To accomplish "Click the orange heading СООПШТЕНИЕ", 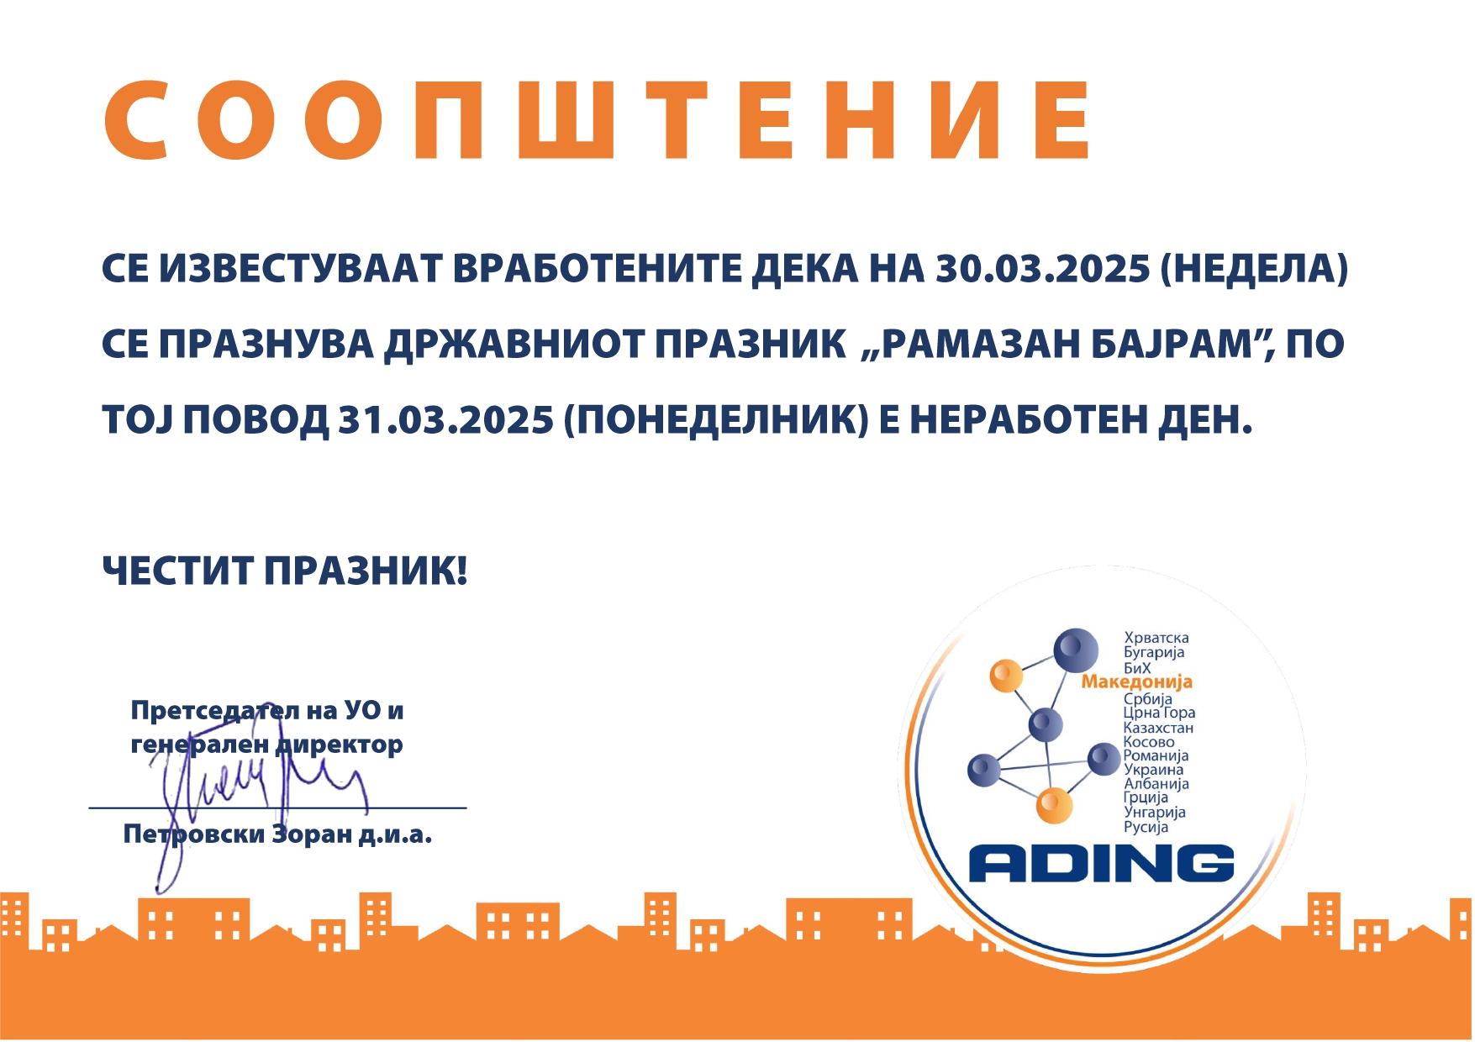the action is pos(598,120).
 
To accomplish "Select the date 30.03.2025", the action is pos(1043,269).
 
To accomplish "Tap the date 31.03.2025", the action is pos(446,419).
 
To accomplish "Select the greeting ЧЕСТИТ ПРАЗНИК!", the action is pos(284,571).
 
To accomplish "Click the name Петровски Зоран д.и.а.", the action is pos(277,834).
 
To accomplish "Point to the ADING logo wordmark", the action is pos(1102,864).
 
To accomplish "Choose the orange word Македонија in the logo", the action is pos(1137,682).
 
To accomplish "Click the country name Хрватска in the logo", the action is pos(1156,638).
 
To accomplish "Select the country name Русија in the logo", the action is pos(1146,827).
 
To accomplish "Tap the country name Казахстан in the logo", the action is pos(1158,728).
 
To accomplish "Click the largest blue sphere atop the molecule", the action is pos(1076,650).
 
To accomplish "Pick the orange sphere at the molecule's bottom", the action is pos(1054,805).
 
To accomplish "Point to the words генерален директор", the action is pos(267,745).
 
